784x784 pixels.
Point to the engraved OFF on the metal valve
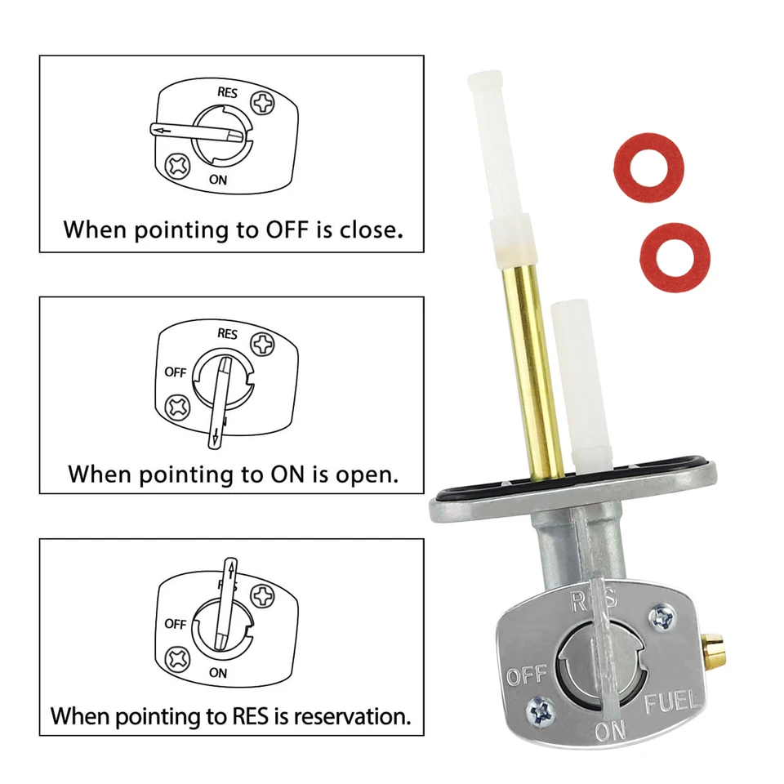pyautogui.click(x=527, y=675)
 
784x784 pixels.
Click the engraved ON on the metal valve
pyautogui.click(x=611, y=731)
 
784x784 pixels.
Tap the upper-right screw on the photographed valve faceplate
pyautogui.click(x=662, y=617)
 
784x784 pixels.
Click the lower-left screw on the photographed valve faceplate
pyautogui.click(x=541, y=710)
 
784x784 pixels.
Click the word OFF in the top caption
pyautogui.click(x=287, y=229)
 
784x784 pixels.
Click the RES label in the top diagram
pyautogui.click(x=227, y=92)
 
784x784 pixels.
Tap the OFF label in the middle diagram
pyautogui.click(x=175, y=372)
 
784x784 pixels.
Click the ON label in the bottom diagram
pyautogui.click(x=218, y=672)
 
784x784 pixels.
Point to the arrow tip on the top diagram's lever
pyautogui.click(x=156, y=131)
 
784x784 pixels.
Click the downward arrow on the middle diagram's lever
pyautogui.click(x=216, y=436)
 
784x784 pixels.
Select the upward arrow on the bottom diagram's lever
pyautogui.click(x=230, y=569)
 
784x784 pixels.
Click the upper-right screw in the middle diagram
pyautogui.click(x=262, y=345)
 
